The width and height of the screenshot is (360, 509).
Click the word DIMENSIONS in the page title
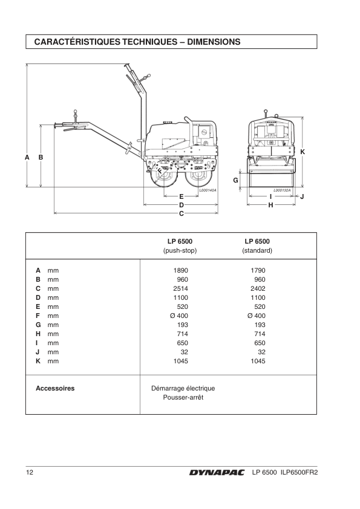click(214, 42)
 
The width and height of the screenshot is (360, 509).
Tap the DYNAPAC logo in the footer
click(217, 473)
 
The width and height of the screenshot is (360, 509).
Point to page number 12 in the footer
click(30, 472)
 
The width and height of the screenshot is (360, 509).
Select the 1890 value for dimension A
click(181, 270)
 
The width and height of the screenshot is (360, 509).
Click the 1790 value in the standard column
click(258, 270)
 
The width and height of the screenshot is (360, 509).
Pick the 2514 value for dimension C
click(181, 288)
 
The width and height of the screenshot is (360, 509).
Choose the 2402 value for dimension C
click(258, 288)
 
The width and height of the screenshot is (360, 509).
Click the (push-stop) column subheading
click(180, 251)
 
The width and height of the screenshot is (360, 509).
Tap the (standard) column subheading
click(257, 251)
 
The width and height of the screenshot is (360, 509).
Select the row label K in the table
click(38, 361)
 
